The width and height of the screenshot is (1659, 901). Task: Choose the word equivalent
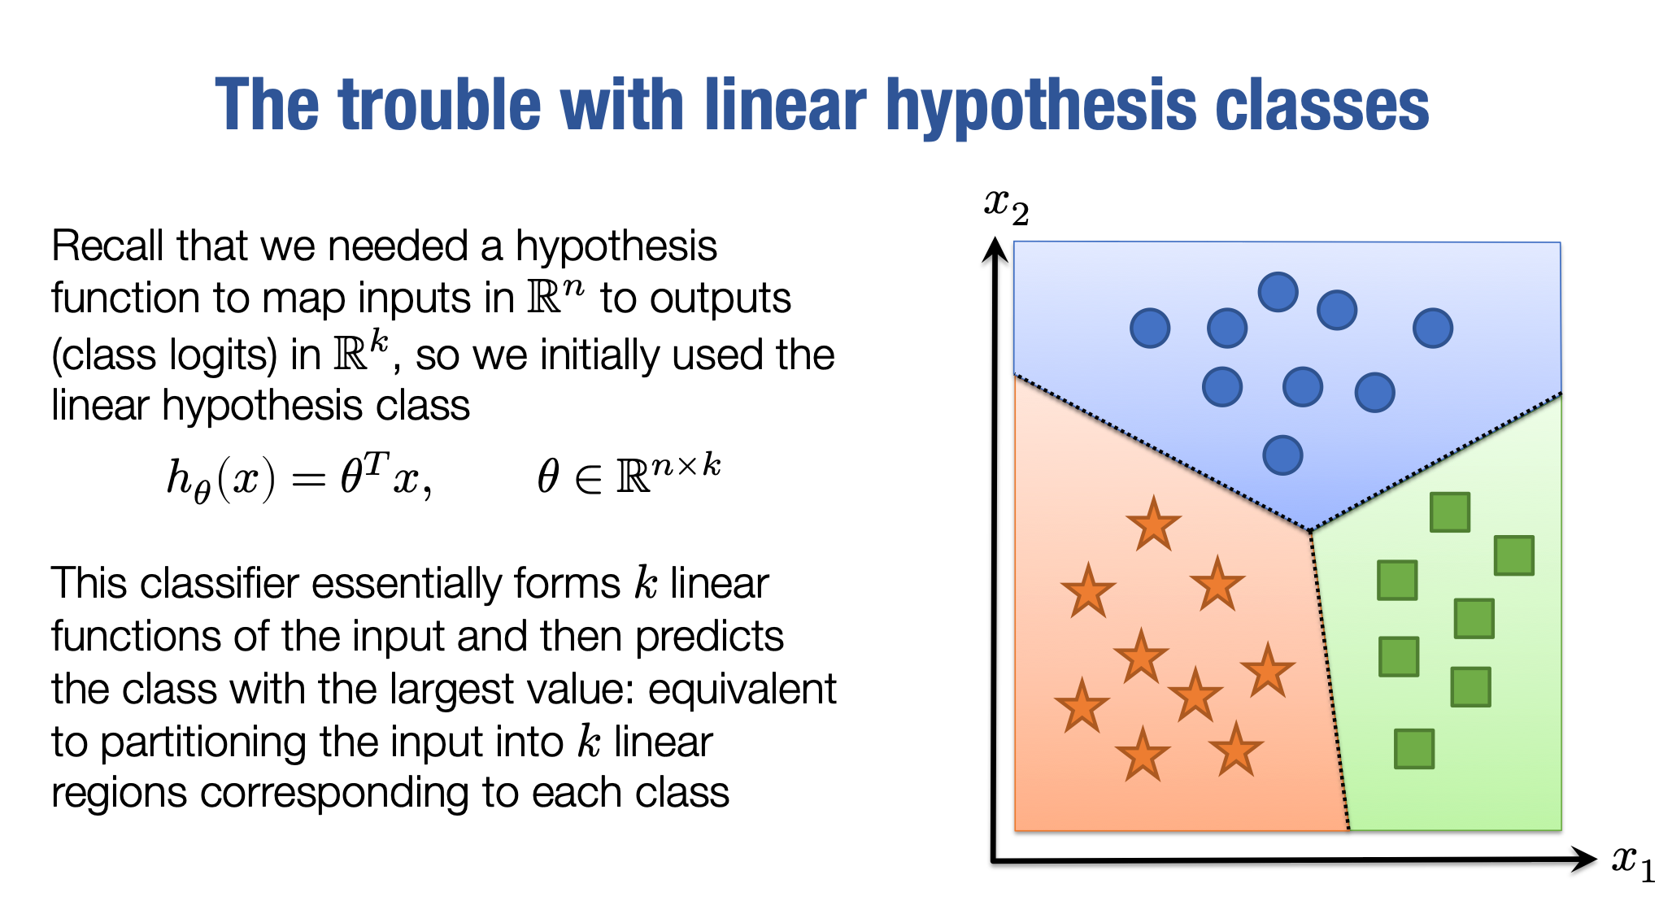coord(742,690)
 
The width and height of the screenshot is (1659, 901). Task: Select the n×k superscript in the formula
coord(686,466)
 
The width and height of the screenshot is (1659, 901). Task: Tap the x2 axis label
coord(1007,207)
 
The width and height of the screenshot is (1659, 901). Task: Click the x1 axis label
coord(1633,862)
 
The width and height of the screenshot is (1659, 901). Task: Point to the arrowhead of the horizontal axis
coord(1583,859)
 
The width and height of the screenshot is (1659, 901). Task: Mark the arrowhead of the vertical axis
coord(995,250)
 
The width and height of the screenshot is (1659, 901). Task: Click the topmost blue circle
coord(1278,292)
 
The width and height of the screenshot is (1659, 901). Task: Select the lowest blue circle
coord(1282,455)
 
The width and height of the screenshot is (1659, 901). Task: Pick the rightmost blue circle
coord(1433,329)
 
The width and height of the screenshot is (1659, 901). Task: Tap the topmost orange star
coord(1153,524)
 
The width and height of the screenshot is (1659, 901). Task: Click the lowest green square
coord(1414,749)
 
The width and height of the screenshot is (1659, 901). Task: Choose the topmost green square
coord(1450,512)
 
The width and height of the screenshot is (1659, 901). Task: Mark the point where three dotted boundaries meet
coord(1310,532)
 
